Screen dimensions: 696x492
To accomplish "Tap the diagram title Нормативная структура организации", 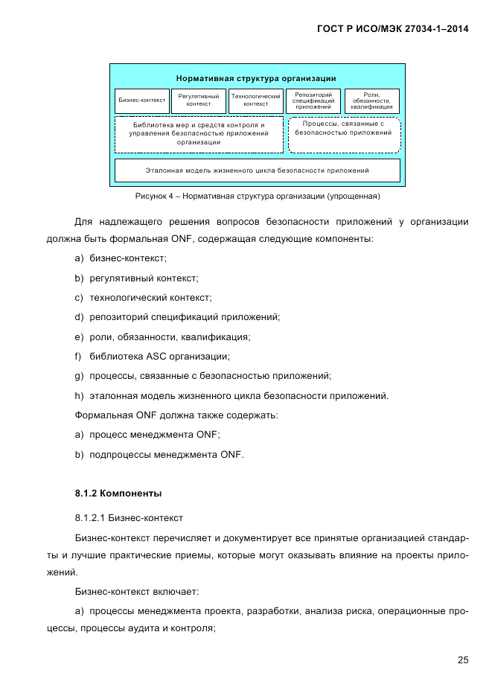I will point(256,77).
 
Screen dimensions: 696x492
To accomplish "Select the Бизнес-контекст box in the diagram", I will point(141,100).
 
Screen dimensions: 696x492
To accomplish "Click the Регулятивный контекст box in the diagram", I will point(199,100).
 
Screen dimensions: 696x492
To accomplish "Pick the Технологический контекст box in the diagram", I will point(255,100).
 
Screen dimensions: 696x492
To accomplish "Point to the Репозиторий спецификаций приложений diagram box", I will point(313,100).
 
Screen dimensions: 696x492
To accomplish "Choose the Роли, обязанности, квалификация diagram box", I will point(371,100).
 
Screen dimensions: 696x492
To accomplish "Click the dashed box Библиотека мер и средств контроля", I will point(199,134).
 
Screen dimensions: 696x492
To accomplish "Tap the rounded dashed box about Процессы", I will point(343,134).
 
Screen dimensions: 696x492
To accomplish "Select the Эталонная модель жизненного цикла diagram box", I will point(257,170).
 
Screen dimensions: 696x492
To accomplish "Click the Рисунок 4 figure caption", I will point(257,197).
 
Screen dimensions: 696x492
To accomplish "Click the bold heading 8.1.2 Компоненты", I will point(118,494).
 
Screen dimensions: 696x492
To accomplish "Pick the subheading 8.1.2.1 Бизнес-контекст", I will point(129,517).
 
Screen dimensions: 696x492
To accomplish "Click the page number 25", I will point(463,660).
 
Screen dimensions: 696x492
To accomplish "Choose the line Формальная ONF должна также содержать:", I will point(176,415).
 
